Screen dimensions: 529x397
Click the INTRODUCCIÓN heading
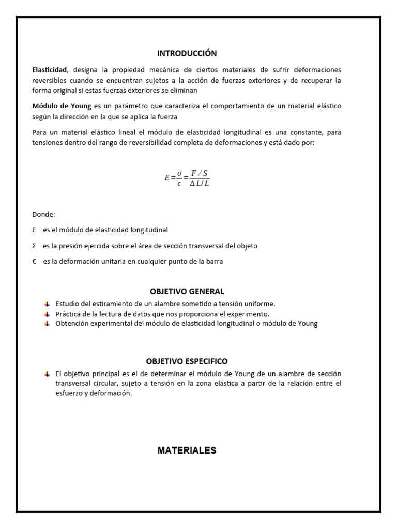tap(187, 53)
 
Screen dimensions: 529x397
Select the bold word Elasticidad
tap(49, 70)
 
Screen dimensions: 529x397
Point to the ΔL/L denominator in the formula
tap(199, 183)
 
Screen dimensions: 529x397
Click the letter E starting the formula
tap(167, 178)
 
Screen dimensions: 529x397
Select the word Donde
tap(43, 214)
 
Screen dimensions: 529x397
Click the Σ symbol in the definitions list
tap(34, 246)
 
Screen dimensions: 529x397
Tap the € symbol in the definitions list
tap(34, 262)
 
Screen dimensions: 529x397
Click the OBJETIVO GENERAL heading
tap(187, 292)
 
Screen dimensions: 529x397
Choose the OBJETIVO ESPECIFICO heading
tap(187, 361)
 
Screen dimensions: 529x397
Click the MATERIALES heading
tap(187, 450)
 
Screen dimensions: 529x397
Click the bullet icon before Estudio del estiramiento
tap(47, 304)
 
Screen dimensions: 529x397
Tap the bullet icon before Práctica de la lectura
tap(47, 314)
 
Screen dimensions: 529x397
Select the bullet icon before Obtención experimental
tap(47, 324)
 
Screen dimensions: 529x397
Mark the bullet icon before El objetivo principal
tap(47, 374)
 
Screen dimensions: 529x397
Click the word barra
tap(214, 262)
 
